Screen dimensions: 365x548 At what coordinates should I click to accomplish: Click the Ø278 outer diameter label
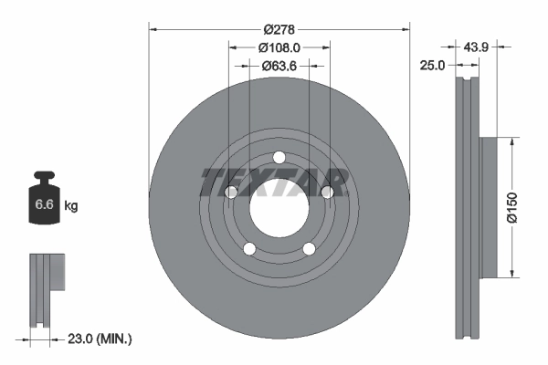(x=279, y=29)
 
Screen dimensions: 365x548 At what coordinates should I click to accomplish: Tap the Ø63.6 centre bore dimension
(x=279, y=66)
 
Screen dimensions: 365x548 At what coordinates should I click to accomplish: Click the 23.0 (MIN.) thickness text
(x=100, y=338)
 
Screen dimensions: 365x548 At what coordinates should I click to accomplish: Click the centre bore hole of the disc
(x=279, y=206)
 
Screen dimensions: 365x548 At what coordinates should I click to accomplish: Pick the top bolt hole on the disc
(x=279, y=154)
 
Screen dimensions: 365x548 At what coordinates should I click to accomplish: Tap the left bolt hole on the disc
(x=230, y=192)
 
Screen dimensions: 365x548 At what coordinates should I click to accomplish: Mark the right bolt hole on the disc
(x=327, y=192)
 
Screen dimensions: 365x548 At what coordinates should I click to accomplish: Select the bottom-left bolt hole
(x=248, y=248)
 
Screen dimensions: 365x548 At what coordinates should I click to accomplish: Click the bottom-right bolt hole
(x=309, y=248)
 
